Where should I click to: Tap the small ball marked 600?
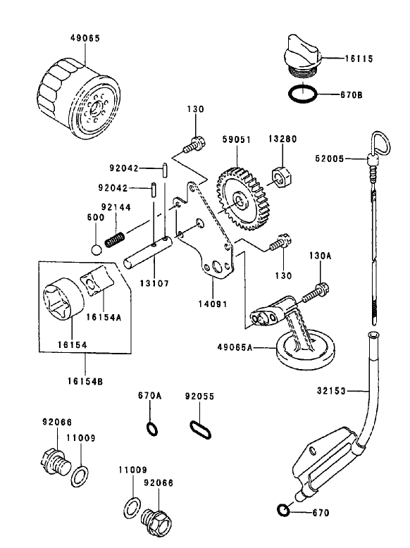tap(97, 249)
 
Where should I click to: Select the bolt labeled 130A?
tap(318, 288)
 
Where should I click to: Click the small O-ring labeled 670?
tap(282, 510)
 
